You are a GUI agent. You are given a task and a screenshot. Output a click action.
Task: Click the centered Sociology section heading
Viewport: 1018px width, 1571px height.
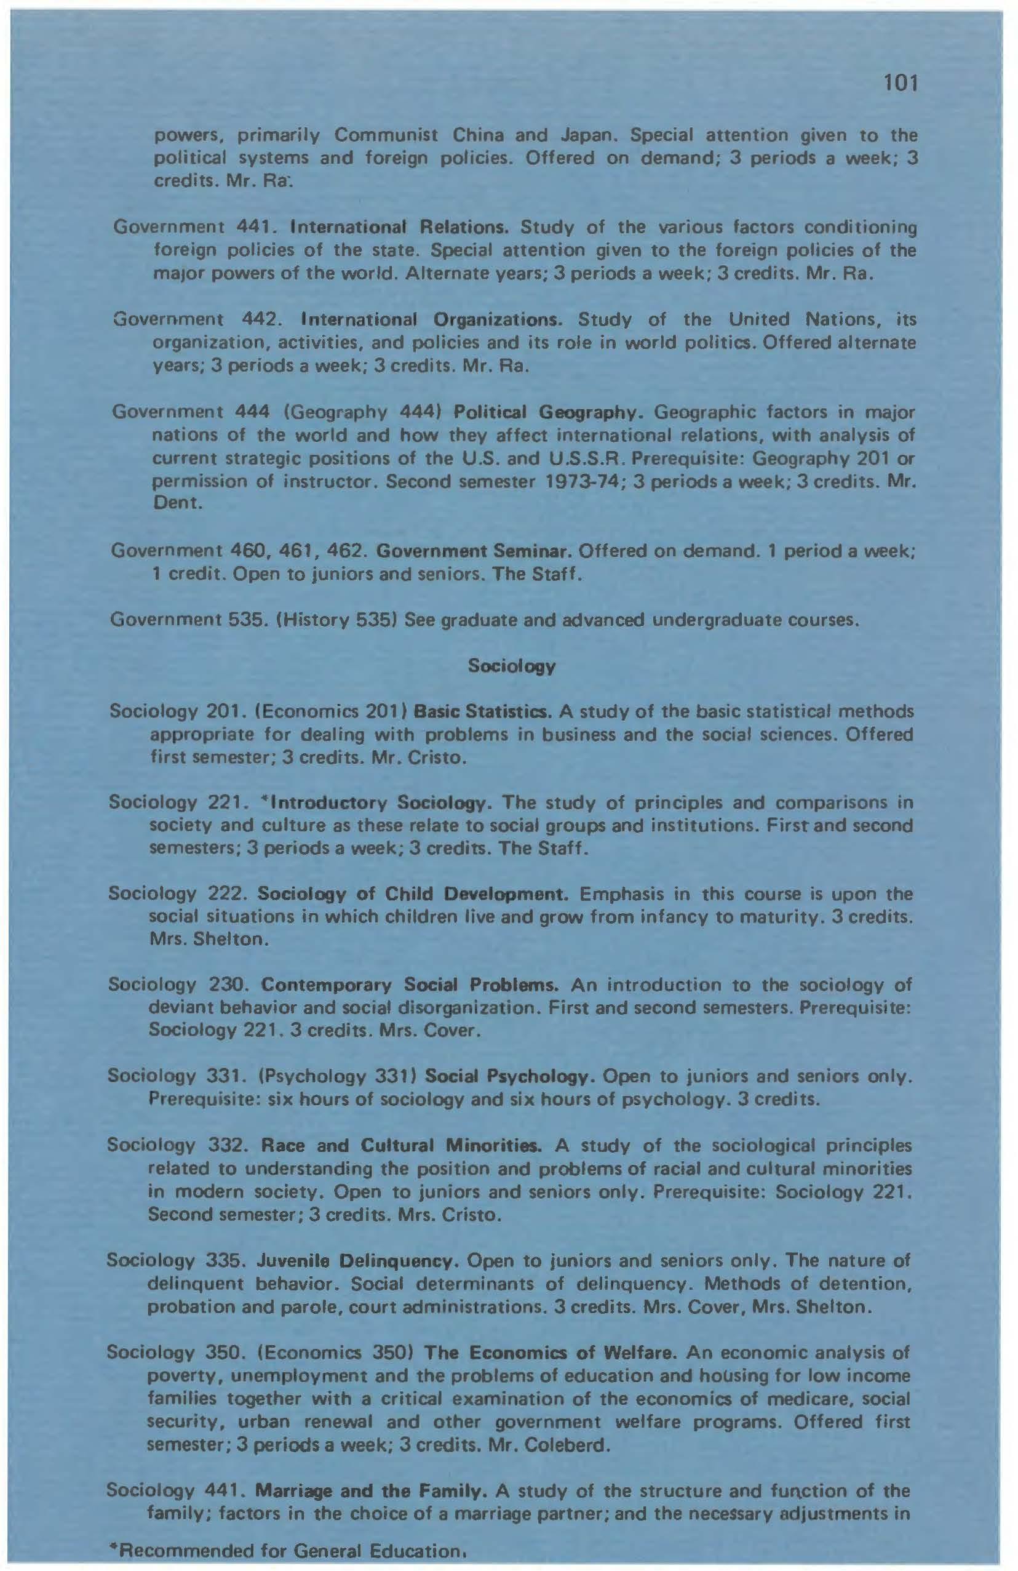coord(511,666)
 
